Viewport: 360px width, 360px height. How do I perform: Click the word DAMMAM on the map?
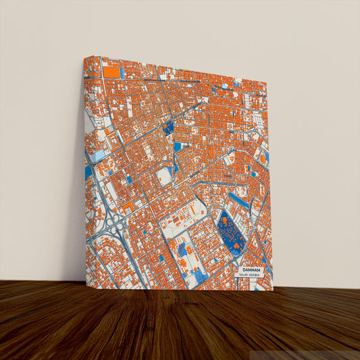(249, 269)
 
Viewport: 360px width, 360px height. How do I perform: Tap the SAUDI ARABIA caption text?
(248, 275)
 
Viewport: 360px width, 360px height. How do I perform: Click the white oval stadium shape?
(163, 177)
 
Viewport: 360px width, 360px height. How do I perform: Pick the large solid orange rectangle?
(111, 71)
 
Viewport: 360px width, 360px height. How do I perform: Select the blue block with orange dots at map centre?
(168, 126)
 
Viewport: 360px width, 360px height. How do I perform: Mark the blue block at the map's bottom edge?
(201, 276)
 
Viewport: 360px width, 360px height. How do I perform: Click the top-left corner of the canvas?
(84, 57)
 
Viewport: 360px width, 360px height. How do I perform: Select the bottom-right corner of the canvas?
(273, 290)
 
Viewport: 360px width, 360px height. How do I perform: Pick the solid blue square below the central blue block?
(177, 146)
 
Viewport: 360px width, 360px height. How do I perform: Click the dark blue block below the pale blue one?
(88, 172)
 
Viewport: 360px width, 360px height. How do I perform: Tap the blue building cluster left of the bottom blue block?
(182, 250)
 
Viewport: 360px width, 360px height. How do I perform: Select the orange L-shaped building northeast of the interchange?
(128, 203)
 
